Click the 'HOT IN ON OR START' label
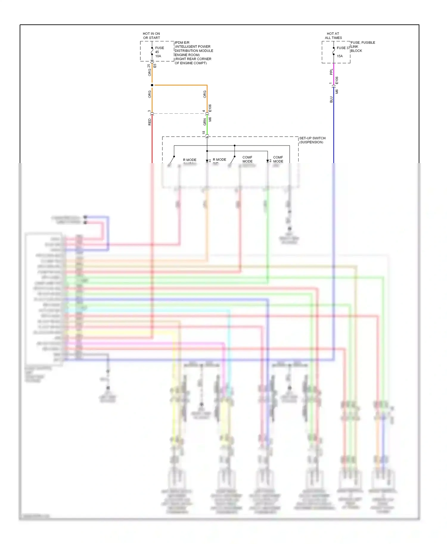tap(151, 36)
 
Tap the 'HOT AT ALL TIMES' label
tap(333, 36)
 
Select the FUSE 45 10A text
tap(159, 52)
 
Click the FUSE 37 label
tap(343, 48)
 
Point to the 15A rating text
tap(340, 56)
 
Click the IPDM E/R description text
tap(193, 53)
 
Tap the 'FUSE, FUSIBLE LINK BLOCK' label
tap(362, 46)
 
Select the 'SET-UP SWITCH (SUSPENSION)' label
tap(312, 140)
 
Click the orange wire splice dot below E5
tap(152, 85)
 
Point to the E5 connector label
tap(155, 66)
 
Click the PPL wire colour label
tap(331, 72)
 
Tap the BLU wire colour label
tap(331, 99)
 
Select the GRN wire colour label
tap(205, 122)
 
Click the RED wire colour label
tap(150, 122)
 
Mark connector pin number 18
tap(204, 132)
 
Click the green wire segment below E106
tap(207, 125)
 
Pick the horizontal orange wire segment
tap(180, 85)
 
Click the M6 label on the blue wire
tap(337, 91)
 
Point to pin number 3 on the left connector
tap(149, 111)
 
